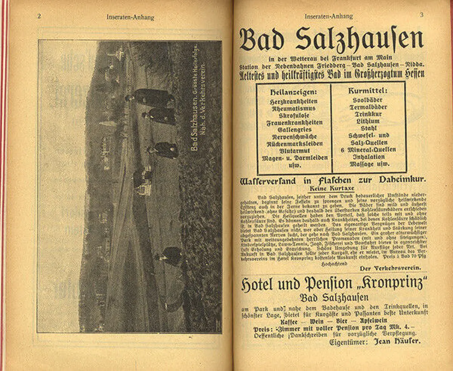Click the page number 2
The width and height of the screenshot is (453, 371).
tap(39, 15)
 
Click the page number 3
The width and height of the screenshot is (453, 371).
tap(422, 15)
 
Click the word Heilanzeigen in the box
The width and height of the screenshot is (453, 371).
tap(294, 92)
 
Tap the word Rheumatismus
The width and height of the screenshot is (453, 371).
tap(294, 108)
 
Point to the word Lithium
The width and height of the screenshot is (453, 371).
tap(368, 121)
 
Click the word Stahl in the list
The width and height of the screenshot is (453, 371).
tap(368, 128)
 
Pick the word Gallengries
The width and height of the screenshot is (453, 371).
tap(294, 129)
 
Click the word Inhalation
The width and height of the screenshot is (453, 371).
tap(368, 156)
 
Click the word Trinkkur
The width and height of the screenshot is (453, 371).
tap(368, 114)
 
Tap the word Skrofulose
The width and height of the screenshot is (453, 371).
tap(294, 115)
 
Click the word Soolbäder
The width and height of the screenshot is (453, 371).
tap(368, 100)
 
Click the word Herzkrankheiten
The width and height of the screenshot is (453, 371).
tap(294, 101)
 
